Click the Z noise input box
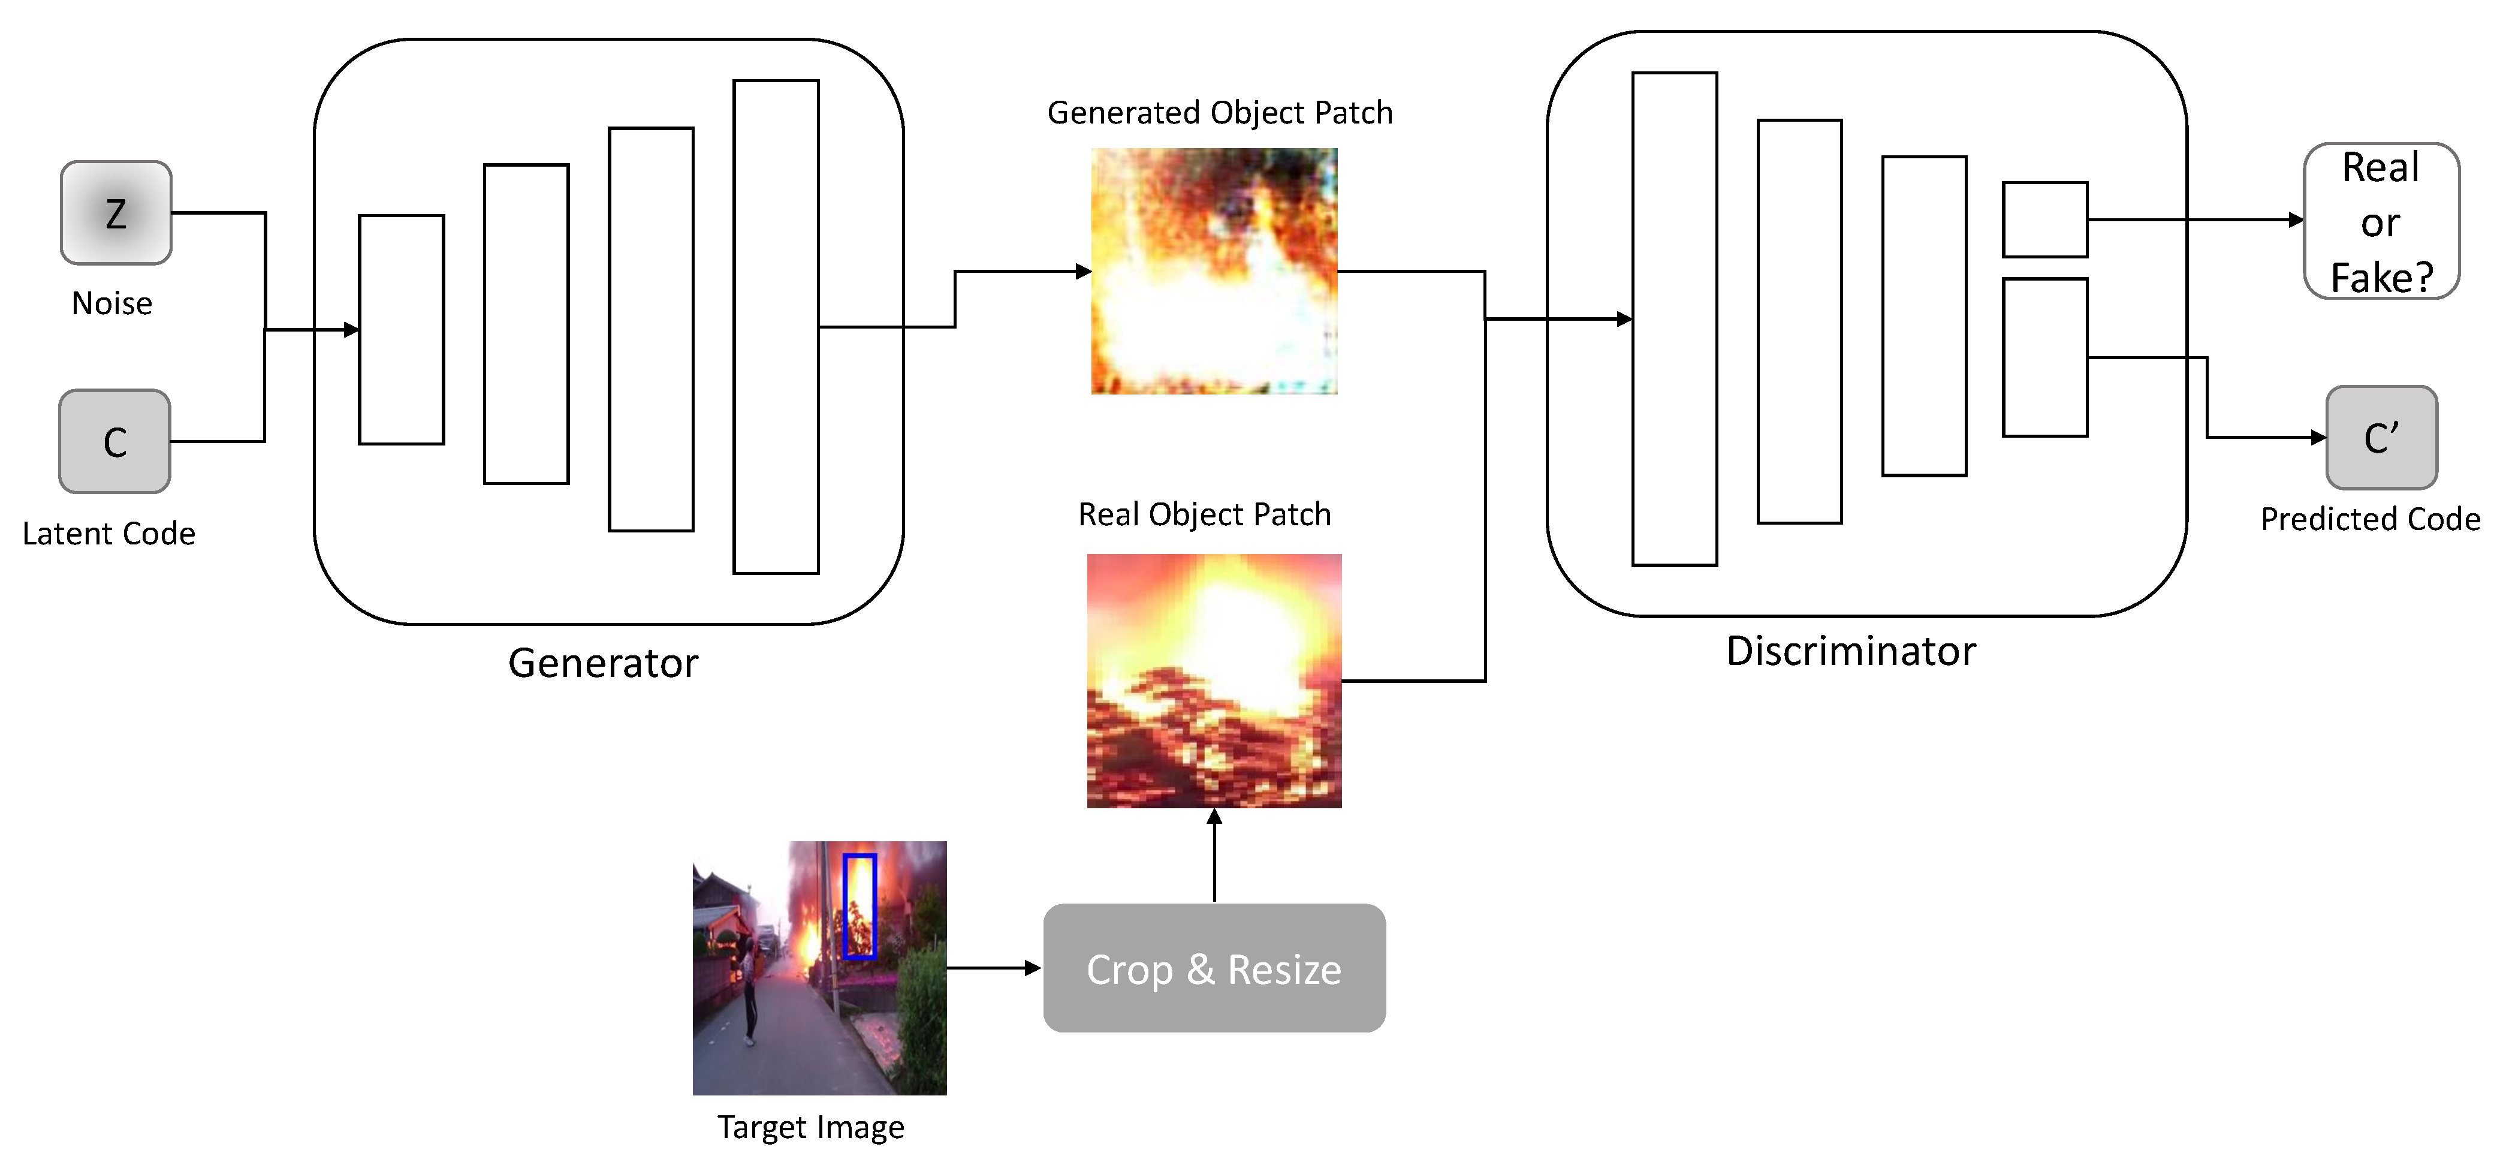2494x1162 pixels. point(116,213)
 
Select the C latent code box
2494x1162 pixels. point(115,441)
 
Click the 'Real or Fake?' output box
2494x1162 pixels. point(2381,222)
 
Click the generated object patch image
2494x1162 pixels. point(1214,271)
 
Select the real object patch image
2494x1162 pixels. point(1214,681)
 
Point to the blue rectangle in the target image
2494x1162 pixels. point(859,907)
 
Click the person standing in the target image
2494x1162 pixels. point(747,988)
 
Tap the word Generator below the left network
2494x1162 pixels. point(602,663)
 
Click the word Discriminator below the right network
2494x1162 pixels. point(1850,652)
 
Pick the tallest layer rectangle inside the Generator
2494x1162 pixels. point(776,327)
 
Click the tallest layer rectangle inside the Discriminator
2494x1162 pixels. point(1674,318)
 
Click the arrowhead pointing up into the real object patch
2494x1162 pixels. point(1214,816)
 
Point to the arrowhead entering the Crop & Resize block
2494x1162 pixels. point(1033,967)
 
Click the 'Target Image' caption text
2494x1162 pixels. point(810,1127)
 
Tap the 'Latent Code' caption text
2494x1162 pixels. point(108,534)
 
